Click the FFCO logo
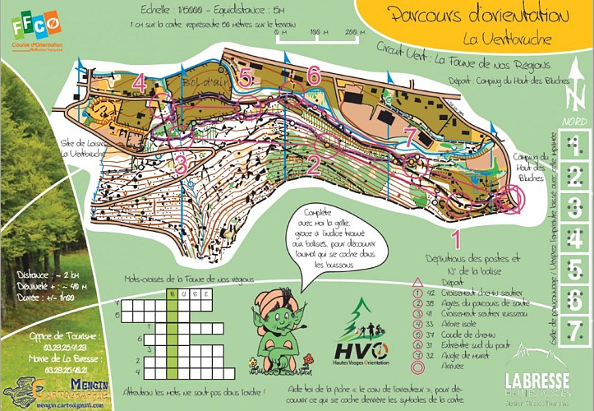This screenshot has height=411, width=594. point(36,30)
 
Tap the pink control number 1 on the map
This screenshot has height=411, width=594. point(457,239)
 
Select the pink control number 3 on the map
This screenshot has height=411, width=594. point(181,163)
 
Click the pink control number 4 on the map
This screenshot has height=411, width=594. point(139,83)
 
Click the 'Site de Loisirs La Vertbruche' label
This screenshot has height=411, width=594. point(81,147)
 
